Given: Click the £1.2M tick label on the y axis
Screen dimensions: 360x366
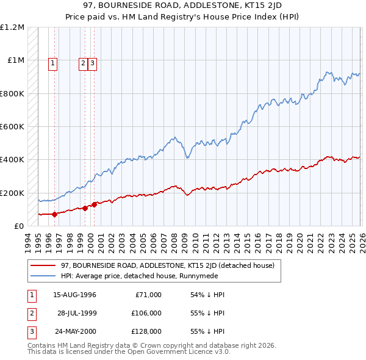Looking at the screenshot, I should (x=12, y=27).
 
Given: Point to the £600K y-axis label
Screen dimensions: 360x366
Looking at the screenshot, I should (x=12, y=127).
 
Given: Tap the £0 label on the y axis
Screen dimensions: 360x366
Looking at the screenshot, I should (x=19, y=226).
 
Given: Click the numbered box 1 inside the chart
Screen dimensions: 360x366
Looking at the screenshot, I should (x=53, y=62).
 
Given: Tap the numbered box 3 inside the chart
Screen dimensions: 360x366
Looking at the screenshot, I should (x=92, y=62).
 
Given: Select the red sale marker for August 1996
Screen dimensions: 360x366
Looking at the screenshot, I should (x=54, y=214).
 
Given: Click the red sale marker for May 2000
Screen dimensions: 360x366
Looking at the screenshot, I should (x=94, y=204).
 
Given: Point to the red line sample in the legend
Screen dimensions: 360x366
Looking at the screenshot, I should (x=43, y=265).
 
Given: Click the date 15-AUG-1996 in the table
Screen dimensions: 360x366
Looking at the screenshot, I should (x=74, y=295).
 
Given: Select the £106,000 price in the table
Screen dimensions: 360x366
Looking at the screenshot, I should (x=146, y=313).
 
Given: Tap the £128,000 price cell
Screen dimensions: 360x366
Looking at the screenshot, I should (x=146, y=331).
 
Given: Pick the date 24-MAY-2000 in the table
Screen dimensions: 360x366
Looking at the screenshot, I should (x=74, y=331).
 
